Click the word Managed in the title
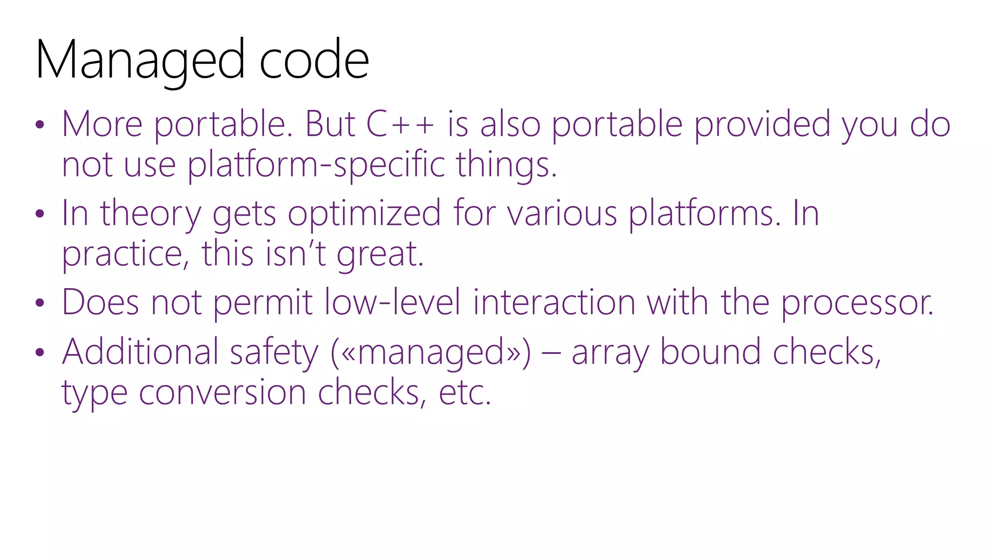(140, 61)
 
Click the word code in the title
(314, 61)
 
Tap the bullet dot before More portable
(40, 125)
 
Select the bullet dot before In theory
(40, 214)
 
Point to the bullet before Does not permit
(40, 303)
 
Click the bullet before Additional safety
(40, 352)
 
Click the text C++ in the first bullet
(400, 124)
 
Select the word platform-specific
(316, 165)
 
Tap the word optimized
(364, 214)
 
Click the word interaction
(554, 303)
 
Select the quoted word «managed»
(431, 352)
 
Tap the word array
(610, 353)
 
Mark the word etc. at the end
(465, 393)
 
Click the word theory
(150, 214)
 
